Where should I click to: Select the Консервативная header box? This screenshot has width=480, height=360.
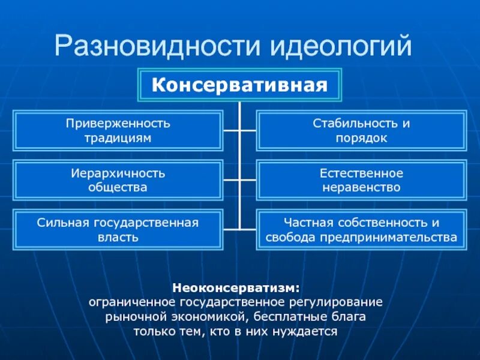pos(240,85)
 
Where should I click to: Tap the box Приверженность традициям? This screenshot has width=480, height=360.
pos(118,130)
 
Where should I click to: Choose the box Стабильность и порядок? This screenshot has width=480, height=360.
pos(361,130)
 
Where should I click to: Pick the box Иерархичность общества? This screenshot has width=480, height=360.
pos(118,180)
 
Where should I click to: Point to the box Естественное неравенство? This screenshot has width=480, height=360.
pos(361,180)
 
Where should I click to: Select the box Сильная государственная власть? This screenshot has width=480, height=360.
pos(118,229)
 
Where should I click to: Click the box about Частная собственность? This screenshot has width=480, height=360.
pos(361,229)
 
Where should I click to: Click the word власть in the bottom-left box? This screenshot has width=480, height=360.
pos(118,237)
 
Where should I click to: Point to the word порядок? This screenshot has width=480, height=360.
pos(361,138)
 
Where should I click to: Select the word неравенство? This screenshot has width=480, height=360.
pos(361,187)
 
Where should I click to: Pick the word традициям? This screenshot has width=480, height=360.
pos(118,138)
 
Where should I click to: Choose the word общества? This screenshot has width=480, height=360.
pos(118,187)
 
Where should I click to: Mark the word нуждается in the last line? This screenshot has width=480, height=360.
pos(309,331)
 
